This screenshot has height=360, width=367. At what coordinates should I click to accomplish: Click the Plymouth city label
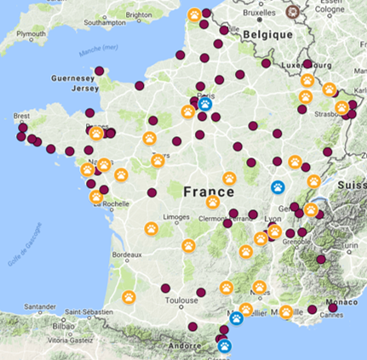coord(31,33)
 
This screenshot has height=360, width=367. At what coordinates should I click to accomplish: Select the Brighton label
coord(138,14)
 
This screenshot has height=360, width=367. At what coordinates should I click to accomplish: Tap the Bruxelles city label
coord(261,14)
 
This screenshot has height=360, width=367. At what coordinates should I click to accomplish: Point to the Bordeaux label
coord(126,254)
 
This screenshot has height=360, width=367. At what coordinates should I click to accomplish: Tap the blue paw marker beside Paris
coord(205,105)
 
